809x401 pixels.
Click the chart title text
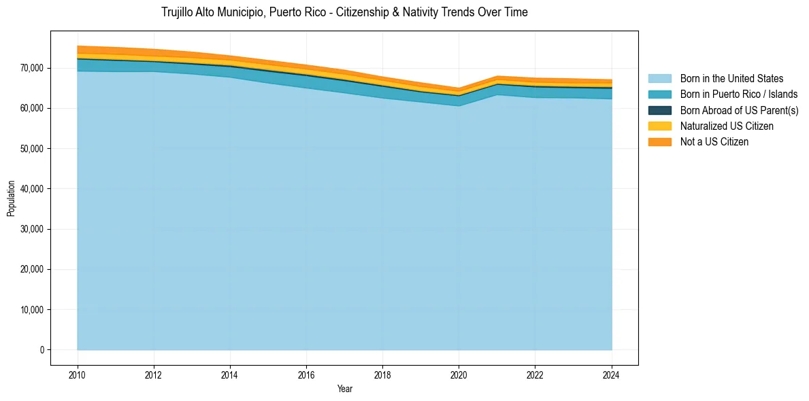click(344, 12)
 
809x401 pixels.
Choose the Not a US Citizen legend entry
click(714, 141)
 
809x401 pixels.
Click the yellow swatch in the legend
click(659, 126)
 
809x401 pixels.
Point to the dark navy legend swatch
click(659, 110)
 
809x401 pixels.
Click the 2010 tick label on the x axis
click(78, 374)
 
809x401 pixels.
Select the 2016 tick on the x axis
click(306, 374)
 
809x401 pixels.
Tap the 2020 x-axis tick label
click(459, 374)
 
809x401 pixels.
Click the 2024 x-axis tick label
click(612, 374)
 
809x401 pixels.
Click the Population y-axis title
click(11, 198)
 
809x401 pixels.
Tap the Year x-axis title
click(344, 389)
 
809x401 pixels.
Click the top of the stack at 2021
click(497, 76)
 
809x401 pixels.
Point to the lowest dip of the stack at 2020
click(459, 88)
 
